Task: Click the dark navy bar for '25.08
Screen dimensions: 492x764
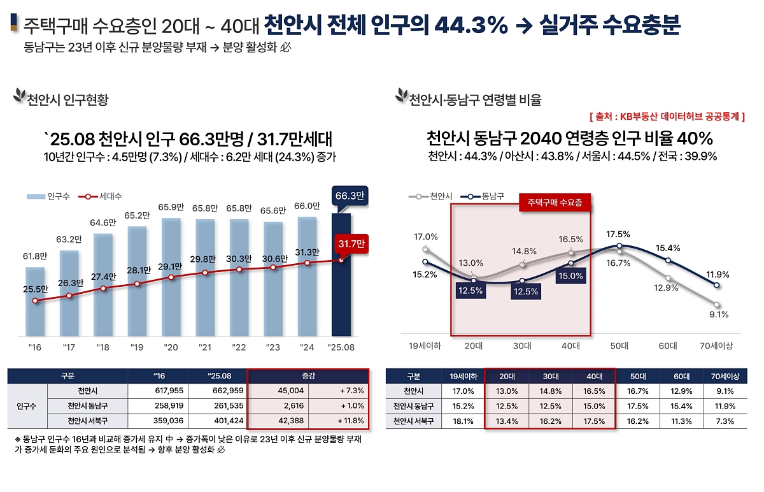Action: [x=341, y=274]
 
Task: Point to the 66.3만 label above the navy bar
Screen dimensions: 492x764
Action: [x=349, y=196]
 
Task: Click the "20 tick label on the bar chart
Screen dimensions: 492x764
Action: [x=171, y=348]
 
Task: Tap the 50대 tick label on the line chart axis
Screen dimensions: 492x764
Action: [x=619, y=347]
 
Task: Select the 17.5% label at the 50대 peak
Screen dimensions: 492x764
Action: [x=618, y=234]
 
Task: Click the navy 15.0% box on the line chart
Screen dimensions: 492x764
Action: [x=570, y=276]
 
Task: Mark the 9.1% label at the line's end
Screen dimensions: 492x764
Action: [x=719, y=314]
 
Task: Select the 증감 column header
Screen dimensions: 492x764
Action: [x=307, y=376]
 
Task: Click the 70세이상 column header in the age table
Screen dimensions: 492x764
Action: [x=724, y=376]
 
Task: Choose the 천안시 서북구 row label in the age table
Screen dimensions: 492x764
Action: [x=413, y=421]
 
